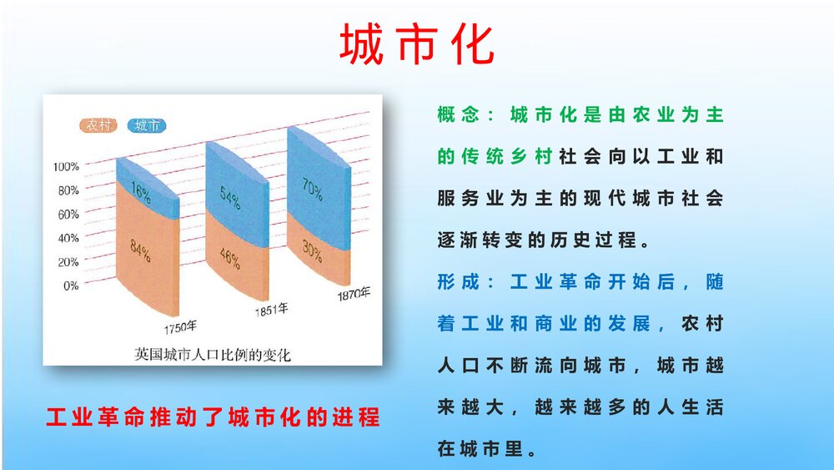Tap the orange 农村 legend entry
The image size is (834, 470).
point(98,125)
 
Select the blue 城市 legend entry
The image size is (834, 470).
point(147,125)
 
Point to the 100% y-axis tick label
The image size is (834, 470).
point(66,167)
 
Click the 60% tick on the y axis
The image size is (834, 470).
point(68,215)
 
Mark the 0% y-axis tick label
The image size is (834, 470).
point(71,286)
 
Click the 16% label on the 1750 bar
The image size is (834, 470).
point(141,192)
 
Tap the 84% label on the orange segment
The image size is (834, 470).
point(140,250)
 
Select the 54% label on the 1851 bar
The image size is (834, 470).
point(230,197)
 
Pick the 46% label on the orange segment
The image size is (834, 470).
point(230,258)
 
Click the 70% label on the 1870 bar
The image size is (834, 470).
point(312,189)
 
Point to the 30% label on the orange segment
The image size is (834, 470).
point(312,250)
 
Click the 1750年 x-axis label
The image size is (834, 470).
point(180,326)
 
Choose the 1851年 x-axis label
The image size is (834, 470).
point(271,310)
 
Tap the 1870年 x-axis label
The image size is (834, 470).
point(354,293)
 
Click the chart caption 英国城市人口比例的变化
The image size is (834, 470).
point(212,355)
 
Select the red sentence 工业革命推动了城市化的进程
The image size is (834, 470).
point(213,417)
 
